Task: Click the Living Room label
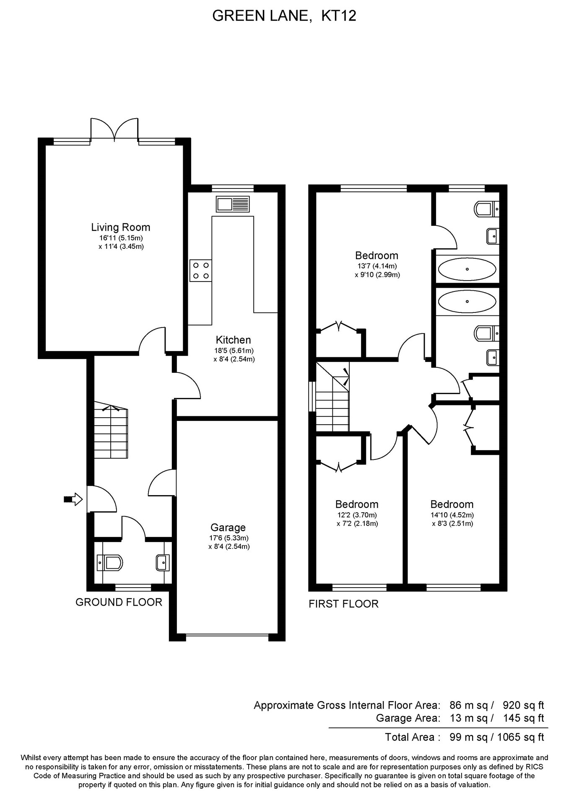point(120,227)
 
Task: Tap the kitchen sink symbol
point(233,204)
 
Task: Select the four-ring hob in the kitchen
point(200,271)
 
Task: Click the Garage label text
point(228,527)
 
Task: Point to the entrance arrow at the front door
point(73,499)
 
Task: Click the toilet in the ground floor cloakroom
point(110,563)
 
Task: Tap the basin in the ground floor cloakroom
point(162,563)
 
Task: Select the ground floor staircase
point(111,433)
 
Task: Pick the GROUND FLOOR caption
point(119,602)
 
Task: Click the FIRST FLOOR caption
point(343,604)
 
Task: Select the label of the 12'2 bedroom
point(357,504)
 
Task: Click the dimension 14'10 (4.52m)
point(452,515)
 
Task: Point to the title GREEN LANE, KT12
point(284,16)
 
